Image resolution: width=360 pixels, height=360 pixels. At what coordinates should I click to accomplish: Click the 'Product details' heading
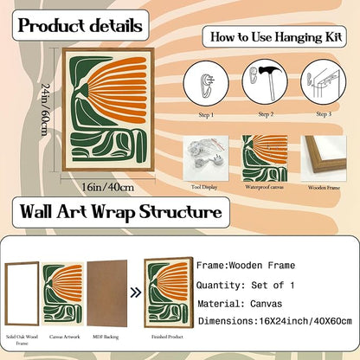click(80, 26)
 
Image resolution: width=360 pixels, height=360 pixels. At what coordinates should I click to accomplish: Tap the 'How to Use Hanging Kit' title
click(276, 37)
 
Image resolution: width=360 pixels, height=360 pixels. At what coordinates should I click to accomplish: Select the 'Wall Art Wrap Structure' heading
click(121, 212)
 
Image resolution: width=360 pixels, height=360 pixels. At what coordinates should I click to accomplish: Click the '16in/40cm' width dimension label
click(108, 187)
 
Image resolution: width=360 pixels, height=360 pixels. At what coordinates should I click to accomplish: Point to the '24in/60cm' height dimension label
click(45, 109)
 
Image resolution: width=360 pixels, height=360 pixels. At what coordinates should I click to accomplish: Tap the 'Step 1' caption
click(206, 115)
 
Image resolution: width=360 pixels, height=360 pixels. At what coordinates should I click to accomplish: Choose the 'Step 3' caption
click(324, 114)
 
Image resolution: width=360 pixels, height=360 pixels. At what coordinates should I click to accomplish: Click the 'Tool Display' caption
click(204, 187)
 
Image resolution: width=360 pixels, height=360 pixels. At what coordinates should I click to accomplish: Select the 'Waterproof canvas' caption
click(264, 187)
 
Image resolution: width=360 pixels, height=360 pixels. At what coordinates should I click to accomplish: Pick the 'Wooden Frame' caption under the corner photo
click(324, 188)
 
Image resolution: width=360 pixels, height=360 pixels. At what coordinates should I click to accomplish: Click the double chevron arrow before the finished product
click(136, 292)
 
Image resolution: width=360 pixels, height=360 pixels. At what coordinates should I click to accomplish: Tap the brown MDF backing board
click(107, 293)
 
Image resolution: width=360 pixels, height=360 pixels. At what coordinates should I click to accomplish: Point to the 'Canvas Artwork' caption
click(65, 337)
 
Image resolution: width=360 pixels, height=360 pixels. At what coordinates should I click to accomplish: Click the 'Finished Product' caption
click(167, 337)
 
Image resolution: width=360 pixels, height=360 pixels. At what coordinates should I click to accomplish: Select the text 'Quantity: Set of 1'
click(246, 286)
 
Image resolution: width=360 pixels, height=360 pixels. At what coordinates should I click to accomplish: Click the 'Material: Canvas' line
click(240, 304)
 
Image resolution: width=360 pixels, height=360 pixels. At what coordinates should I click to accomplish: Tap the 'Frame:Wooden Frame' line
click(246, 266)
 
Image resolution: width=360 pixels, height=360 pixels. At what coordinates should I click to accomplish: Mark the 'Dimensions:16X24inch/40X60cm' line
click(275, 321)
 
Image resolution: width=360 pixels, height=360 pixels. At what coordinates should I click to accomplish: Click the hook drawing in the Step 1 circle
click(207, 84)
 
